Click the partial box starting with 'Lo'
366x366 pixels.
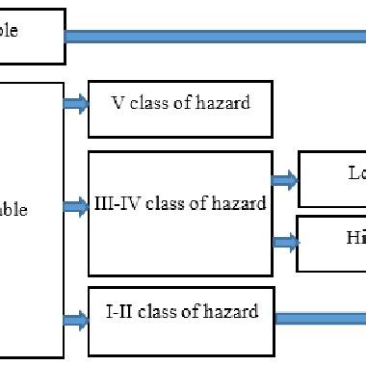pyautogui.click(x=332, y=179)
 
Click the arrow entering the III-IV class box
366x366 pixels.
pyautogui.click(x=76, y=205)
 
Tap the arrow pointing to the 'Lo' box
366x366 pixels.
pyautogui.click(x=285, y=178)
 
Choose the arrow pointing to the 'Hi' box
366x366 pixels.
pyautogui.click(x=285, y=241)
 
